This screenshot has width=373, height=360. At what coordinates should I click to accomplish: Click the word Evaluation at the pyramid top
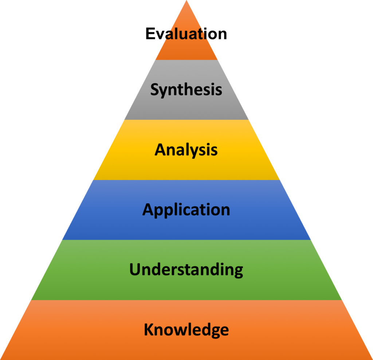186,34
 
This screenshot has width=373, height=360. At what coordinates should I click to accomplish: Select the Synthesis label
186,90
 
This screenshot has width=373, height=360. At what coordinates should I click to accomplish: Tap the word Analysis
186,150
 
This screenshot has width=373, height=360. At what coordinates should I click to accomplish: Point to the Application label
186,210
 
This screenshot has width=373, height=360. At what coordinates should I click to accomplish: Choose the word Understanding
186,270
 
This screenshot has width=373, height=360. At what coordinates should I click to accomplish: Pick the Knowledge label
186,330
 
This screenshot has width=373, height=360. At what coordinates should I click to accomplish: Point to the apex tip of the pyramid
186,0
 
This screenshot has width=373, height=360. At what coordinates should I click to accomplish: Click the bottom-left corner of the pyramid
0,360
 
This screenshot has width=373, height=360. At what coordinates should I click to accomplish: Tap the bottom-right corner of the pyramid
372,360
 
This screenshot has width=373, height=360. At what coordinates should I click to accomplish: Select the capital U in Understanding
135,269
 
